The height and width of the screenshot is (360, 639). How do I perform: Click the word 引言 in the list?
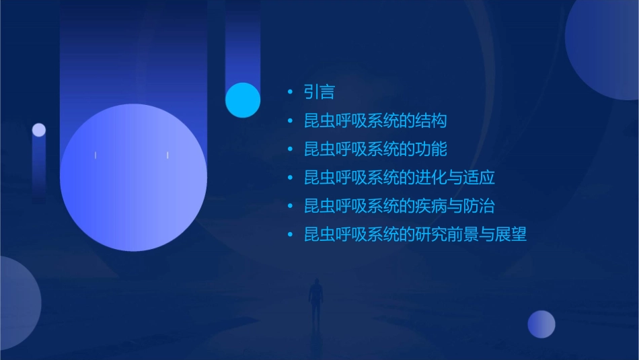pyautogui.click(x=319, y=92)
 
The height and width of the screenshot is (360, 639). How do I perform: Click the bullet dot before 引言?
pyautogui.click(x=290, y=92)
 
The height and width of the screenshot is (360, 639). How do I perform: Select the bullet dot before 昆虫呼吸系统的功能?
pyautogui.click(x=290, y=149)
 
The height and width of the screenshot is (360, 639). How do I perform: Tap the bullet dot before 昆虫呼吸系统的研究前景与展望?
pyautogui.click(x=290, y=235)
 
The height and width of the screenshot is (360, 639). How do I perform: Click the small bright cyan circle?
pyautogui.click(x=243, y=100)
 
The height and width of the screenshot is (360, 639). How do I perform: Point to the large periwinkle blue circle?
pyautogui.click(x=133, y=178)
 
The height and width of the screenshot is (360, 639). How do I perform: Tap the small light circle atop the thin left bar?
pyautogui.click(x=39, y=130)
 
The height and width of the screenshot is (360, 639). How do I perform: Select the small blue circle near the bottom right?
pyautogui.click(x=541, y=324)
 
